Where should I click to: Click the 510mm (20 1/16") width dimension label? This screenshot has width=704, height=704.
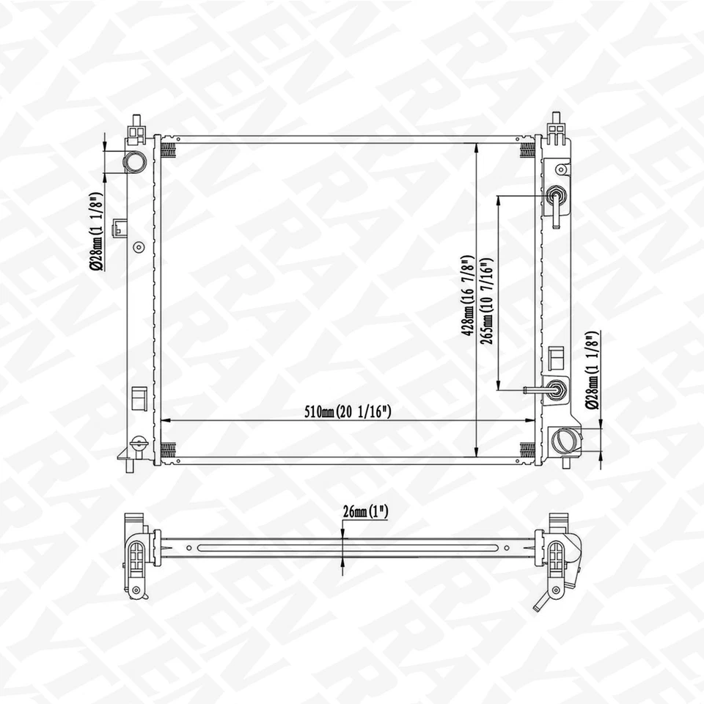[x=348, y=411]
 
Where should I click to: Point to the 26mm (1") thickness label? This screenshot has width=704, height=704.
[x=364, y=512]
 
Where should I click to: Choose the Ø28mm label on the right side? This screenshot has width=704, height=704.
[x=592, y=370]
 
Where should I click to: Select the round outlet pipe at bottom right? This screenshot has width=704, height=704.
[x=565, y=440]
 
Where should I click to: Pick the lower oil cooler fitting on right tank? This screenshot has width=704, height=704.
[x=556, y=390]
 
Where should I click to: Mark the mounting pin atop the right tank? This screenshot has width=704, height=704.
[x=556, y=119]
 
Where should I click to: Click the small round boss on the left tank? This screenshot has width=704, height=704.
[x=138, y=246]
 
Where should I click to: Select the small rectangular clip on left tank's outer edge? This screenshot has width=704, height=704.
[x=117, y=230]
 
